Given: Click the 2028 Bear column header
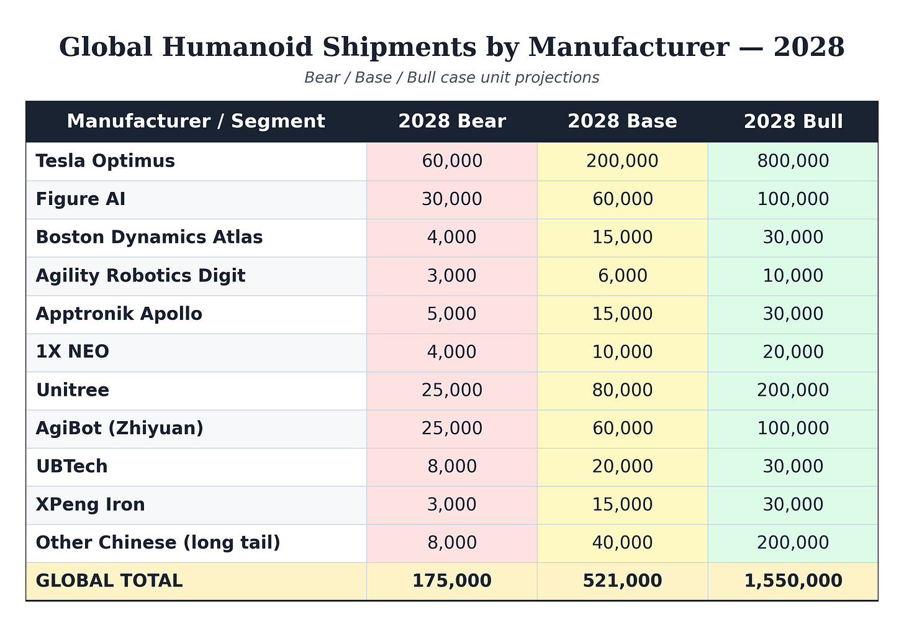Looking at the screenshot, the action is (452, 121).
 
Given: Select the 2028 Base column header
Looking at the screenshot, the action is (622, 121).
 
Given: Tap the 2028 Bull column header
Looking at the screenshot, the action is (793, 121).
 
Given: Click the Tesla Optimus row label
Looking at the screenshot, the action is (106, 161).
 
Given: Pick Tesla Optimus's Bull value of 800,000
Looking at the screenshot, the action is (793, 161).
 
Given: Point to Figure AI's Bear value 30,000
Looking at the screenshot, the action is (452, 199).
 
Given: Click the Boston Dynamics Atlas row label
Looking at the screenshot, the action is (149, 237).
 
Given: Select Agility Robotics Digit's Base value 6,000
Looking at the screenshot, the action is (622, 276).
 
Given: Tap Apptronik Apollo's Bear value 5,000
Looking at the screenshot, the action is (452, 314).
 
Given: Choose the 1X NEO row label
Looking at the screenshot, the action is (73, 352).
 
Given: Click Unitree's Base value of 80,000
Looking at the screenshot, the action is (622, 390).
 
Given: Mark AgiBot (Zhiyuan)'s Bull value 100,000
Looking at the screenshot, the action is (793, 428).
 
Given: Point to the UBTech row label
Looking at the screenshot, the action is (72, 467).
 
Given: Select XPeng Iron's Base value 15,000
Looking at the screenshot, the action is (622, 504).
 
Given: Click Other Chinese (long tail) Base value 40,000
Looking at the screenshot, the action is (622, 542).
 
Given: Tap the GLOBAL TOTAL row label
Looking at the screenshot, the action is (109, 581).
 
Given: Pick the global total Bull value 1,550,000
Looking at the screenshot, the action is (793, 581).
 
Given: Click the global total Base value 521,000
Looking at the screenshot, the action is (622, 581).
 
